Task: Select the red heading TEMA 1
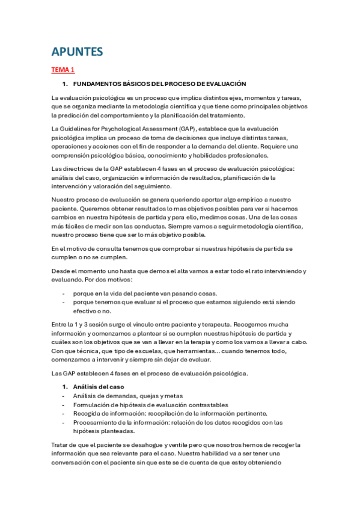[x=63, y=70]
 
